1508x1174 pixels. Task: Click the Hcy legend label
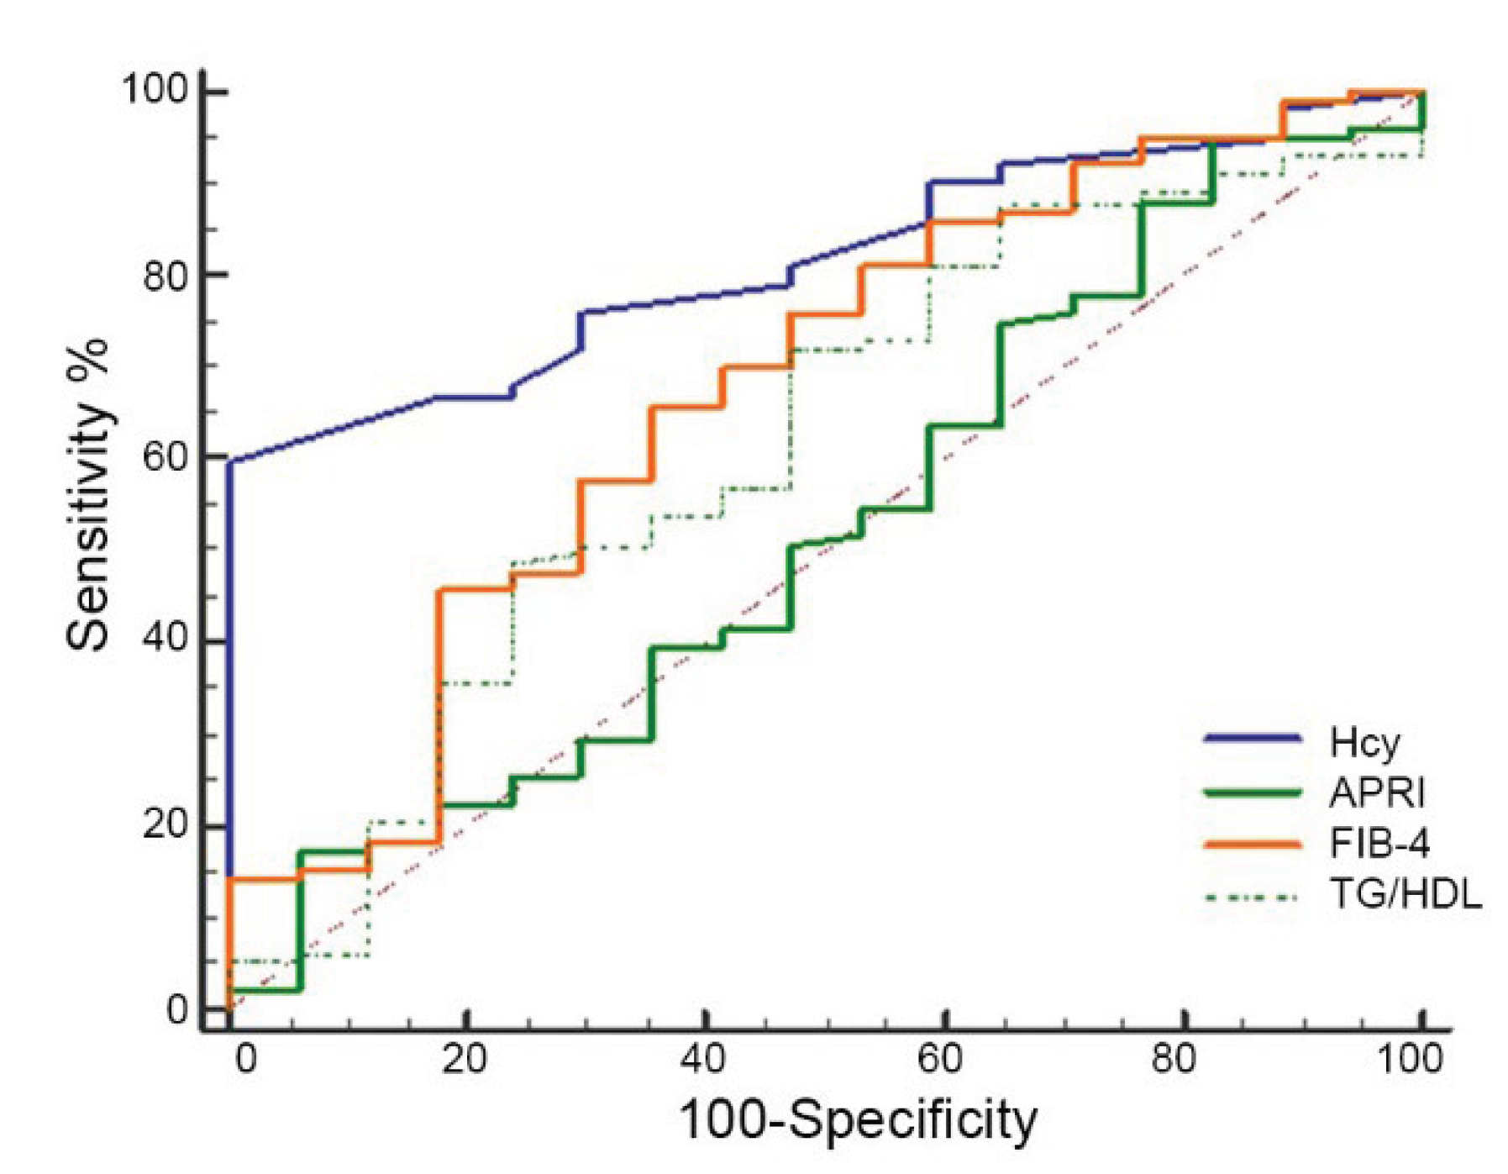1364,742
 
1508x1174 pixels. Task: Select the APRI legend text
1377,792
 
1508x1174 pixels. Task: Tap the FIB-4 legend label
1379,843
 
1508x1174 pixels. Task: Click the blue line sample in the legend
1252,739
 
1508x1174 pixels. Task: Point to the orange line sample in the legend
1252,843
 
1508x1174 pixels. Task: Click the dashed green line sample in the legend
1252,898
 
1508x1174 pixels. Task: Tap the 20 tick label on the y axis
165,824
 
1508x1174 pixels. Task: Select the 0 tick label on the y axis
177,1008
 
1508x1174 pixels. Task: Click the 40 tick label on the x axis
702,1059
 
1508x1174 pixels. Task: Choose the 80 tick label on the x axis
1173,1059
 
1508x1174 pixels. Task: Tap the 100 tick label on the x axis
1411,1059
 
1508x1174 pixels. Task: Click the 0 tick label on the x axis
245,1059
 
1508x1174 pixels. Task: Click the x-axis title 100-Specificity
857,1120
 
